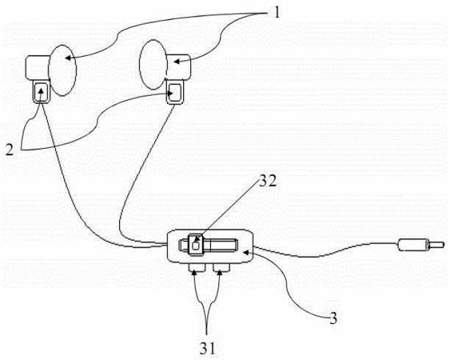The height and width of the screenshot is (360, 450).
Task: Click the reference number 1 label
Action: point(277,12)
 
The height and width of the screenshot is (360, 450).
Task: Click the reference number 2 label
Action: point(10,150)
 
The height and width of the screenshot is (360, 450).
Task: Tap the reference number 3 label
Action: point(333,318)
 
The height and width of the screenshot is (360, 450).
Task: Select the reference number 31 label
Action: point(207,349)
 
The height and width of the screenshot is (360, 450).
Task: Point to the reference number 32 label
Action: point(268,182)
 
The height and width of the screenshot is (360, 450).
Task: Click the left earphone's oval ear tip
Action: point(62,70)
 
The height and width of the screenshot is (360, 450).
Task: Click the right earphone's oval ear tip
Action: point(153,64)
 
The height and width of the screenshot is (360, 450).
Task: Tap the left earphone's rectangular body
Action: point(38,67)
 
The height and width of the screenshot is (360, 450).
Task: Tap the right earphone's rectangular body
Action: point(178,66)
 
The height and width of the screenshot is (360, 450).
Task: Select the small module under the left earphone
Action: point(42,92)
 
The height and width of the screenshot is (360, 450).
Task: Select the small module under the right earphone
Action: point(175,93)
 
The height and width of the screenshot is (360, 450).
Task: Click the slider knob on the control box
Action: point(196,245)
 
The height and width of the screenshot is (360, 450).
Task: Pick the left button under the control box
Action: point(197,267)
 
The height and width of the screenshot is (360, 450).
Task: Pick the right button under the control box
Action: point(221,267)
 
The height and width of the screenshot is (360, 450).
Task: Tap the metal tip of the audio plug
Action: point(436,245)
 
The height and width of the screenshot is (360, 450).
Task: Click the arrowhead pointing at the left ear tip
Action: point(68,58)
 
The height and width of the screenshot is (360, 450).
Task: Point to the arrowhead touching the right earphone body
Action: point(177,62)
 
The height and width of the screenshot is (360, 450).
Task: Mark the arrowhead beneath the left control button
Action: point(195,272)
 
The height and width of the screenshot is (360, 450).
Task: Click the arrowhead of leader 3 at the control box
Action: point(246,252)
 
